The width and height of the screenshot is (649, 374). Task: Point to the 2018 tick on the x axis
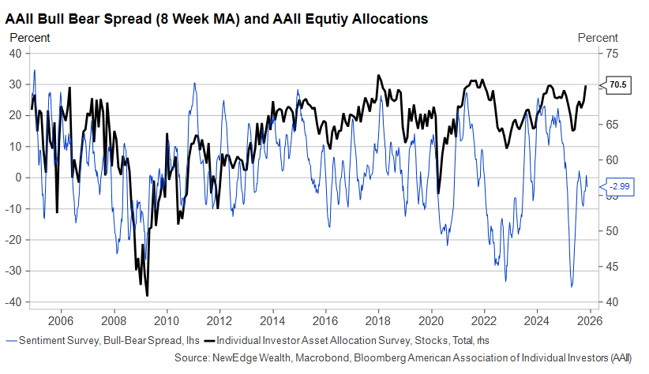(379, 321)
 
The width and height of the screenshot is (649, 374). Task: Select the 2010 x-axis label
(167, 321)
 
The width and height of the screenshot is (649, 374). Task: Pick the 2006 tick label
(61, 321)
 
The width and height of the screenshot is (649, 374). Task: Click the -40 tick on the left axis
(13, 302)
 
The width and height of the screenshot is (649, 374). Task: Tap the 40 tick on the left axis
(15, 53)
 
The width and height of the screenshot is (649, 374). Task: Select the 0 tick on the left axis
(18, 178)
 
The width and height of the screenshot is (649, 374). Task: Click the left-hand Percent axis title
(29, 37)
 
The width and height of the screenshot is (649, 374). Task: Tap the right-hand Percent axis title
(598, 37)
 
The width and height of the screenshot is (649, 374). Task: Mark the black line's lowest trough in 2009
(148, 295)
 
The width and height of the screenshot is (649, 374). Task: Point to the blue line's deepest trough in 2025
(572, 286)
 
